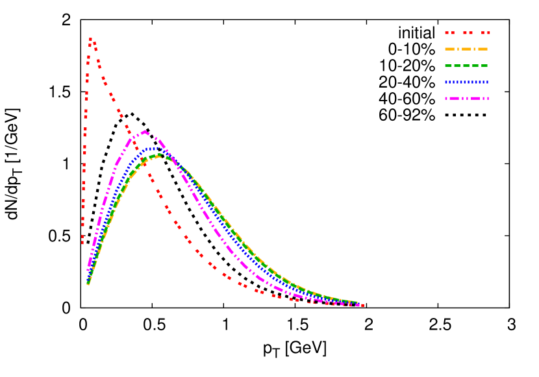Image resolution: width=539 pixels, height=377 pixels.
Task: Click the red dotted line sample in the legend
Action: [467, 32]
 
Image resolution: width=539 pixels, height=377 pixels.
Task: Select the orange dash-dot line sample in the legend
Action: [466, 49]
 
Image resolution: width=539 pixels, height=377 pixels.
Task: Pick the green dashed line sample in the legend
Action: [466, 66]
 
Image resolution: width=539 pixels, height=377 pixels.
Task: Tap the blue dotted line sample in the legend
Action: [466, 82]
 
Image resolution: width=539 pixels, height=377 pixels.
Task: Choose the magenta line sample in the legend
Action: [466, 98]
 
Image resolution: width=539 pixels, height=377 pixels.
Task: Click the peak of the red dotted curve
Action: [90, 39]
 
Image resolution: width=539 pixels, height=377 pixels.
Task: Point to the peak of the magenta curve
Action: [144, 131]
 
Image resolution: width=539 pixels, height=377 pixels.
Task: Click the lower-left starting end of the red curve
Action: [82, 243]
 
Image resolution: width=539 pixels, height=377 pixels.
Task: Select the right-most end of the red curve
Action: [362, 305]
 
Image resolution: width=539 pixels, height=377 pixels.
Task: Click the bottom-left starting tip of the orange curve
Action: [88, 284]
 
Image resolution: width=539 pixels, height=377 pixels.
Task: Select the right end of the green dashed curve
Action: [356, 302]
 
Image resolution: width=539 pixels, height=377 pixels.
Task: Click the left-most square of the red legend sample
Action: [447, 32]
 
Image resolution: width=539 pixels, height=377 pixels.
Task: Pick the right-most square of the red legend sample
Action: [488, 32]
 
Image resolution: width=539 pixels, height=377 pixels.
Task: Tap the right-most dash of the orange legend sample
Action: [483, 49]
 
